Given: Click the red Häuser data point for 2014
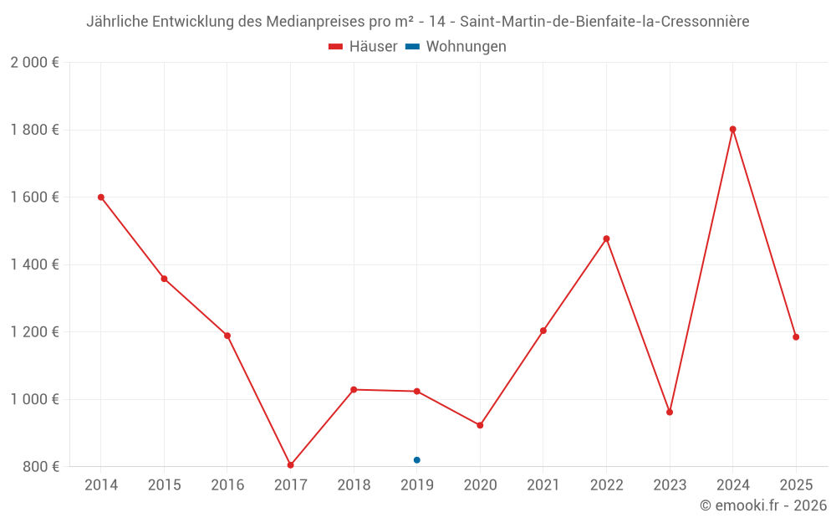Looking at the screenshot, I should [101, 197].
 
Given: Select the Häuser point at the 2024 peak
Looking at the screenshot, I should [733, 130].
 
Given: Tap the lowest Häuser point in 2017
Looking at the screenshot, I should [290, 465].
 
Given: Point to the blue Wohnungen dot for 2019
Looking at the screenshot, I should [417, 460].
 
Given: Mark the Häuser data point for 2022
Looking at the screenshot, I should [607, 239].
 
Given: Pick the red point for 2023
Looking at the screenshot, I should [670, 413].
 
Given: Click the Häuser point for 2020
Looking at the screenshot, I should [480, 426].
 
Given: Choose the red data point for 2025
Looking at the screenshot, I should [796, 337].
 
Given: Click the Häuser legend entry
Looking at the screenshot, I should [363, 47].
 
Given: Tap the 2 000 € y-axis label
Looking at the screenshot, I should [34, 63].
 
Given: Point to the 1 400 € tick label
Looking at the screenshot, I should [34, 264].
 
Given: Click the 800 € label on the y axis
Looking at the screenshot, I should [40, 467].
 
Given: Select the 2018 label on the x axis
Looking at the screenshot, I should [354, 485].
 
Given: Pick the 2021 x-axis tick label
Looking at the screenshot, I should [543, 485].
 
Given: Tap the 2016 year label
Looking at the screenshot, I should [227, 485].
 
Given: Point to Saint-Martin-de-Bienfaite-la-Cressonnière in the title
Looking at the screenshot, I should [604, 21].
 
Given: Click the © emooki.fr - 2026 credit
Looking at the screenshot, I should [763, 505].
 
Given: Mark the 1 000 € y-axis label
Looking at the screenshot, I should [34, 399].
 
